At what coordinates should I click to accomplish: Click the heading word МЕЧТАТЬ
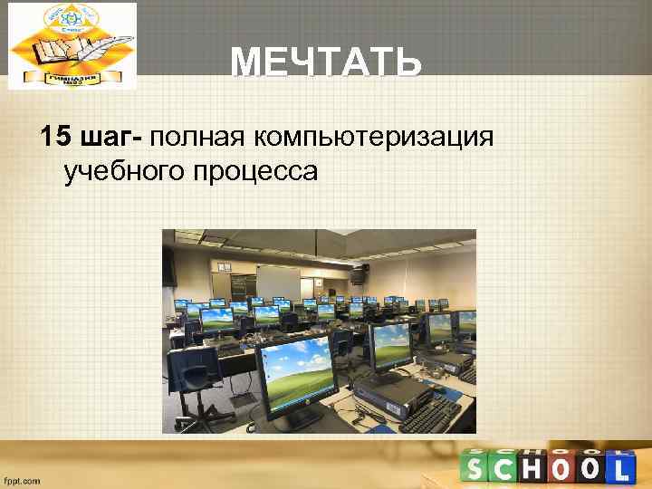(x=326, y=64)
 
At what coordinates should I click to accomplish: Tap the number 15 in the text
(x=55, y=138)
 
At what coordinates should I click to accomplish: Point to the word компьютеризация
(x=373, y=139)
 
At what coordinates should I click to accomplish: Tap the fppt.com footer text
(x=22, y=480)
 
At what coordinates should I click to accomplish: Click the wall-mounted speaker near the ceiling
(x=359, y=269)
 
